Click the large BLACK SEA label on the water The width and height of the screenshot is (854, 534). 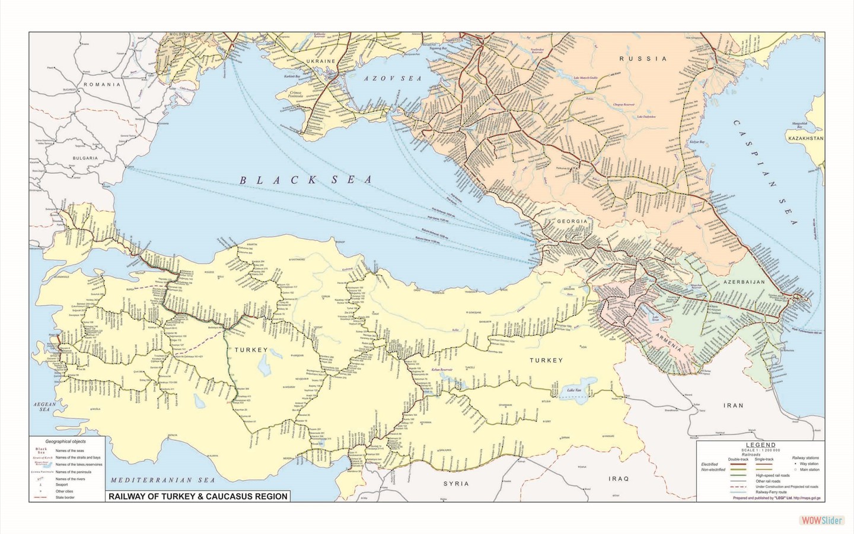tap(305, 180)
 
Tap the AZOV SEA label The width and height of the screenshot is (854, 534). tap(393, 78)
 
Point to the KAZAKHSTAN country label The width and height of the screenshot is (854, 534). tap(805, 138)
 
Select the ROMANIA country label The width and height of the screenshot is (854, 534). tap(101, 84)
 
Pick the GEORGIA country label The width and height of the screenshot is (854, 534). tap(572, 221)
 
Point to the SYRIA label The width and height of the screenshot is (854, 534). tap(456, 484)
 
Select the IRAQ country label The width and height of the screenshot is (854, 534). tap(619, 478)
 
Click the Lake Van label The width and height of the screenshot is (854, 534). tap(574, 390)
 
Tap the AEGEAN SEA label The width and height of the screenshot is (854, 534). tap(44, 406)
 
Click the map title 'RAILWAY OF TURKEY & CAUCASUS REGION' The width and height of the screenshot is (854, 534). tap(196, 496)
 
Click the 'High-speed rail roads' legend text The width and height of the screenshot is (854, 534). tap(772, 475)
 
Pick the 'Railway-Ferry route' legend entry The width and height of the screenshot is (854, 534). tap(770, 492)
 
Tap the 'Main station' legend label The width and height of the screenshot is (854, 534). tap(810, 469)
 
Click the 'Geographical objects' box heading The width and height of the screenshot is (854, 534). tap(66, 441)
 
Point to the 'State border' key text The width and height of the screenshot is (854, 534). tap(66, 498)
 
